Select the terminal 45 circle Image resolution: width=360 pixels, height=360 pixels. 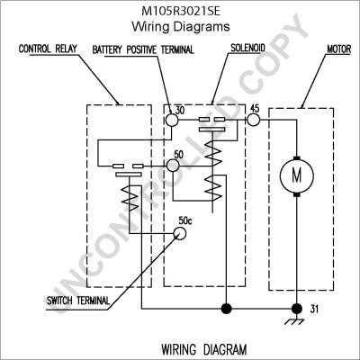tap(254, 120)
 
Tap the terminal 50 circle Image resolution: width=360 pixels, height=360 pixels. tap(173, 166)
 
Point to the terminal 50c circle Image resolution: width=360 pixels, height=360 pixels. tap(180, 233)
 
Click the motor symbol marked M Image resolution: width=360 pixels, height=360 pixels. tap(297, 175)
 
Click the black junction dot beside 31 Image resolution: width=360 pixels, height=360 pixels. tap(297, 308)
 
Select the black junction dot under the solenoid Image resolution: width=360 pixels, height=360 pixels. tap(226, 308)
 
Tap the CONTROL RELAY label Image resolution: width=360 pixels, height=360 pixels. tap(48, 49)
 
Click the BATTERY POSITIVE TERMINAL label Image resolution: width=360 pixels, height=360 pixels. tap(143, 49)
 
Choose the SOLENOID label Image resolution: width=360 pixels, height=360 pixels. tap(247, 48)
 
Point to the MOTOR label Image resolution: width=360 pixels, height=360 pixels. tap(338, 49)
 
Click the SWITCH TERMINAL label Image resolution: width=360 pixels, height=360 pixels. tap(78, 301)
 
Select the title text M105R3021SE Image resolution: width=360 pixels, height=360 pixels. tap(181, 11)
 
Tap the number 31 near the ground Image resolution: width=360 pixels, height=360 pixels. tap(314, 309)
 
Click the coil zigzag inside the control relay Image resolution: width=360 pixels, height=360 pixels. tap(130, 198)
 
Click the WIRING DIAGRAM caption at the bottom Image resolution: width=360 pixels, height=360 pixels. tap(204, 349)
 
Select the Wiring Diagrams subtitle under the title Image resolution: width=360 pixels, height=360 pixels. tap(181, 27)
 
